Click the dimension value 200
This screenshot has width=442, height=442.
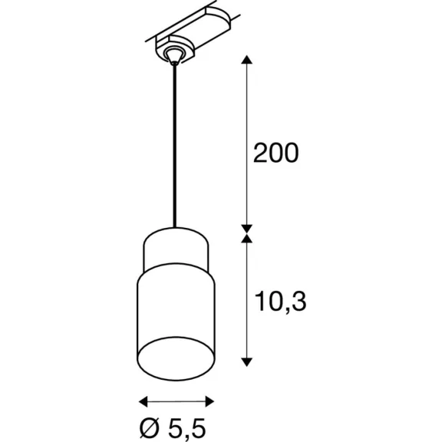tap(275, 153)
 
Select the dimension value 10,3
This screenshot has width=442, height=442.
tap(280, 302)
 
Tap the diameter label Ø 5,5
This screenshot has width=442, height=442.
tap(173, 429)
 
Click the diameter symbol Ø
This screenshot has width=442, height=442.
tap(150, 428)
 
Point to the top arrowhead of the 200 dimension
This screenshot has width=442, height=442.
tap(246, 60)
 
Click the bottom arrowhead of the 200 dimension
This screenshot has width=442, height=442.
tap(246, 229)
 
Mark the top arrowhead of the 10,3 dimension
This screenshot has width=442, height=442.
tap(246, 238)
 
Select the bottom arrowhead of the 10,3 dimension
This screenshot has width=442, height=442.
tap(246, 362)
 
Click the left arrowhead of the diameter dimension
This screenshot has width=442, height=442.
tap(143, 401)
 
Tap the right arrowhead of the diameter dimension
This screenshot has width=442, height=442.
tap(209, 401)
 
